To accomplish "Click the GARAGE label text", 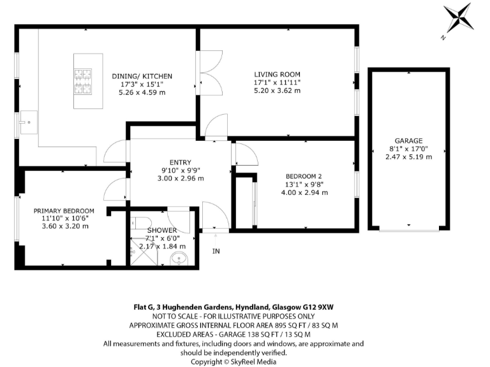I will (x=408, y=141).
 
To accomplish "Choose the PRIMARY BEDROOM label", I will (x=64, y=211).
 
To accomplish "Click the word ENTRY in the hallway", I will (x=180, y=162).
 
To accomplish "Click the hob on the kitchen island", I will (x=83, y=81).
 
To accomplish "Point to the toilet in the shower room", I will (x=141, y=224).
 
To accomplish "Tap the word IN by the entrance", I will (x=216, y=251).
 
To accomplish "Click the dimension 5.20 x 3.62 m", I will (x=277, y=90).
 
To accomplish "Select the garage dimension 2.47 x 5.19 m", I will (x=408, y=157).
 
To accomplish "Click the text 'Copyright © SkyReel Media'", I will (x=233, y=361).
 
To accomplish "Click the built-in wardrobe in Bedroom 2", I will (x=246, y=203).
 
